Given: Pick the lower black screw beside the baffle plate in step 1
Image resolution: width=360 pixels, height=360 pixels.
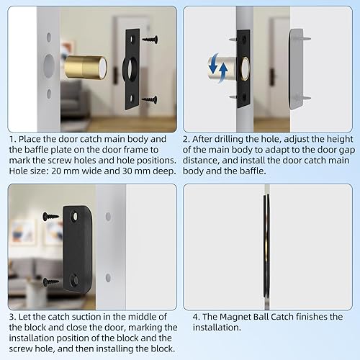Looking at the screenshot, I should tap(150, 99).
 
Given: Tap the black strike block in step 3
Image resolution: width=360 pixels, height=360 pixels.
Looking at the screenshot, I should tap(76, 246).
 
